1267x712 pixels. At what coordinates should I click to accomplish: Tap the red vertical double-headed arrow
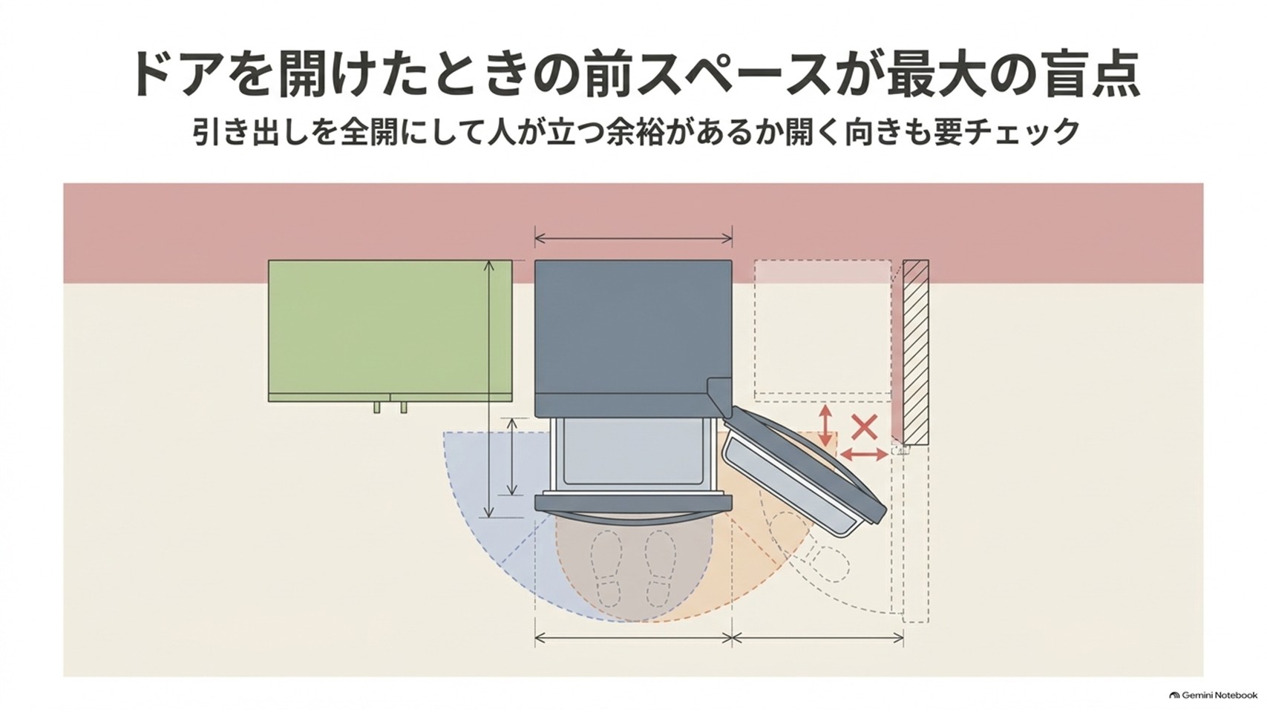(x=826, y=425)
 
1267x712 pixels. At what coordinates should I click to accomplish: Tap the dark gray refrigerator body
(x=634, y=338)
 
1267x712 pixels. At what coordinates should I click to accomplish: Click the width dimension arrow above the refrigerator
(x=634, y=239)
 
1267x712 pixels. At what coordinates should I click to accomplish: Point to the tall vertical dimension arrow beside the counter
(x=489, y=389)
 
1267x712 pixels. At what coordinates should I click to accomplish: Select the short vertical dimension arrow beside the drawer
(x=512, y=456)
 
